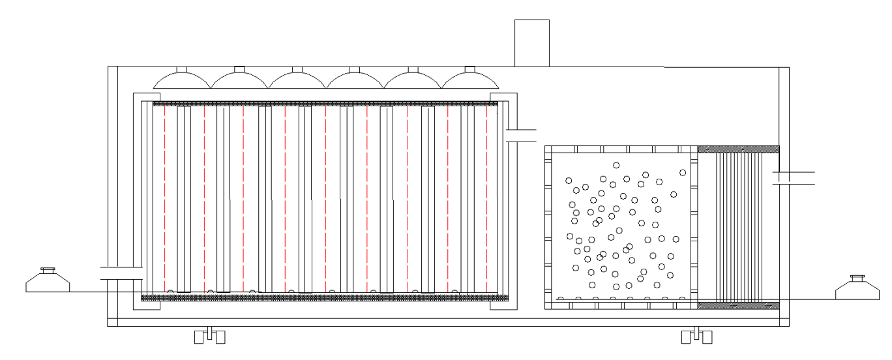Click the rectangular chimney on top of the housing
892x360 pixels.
click(531, 43)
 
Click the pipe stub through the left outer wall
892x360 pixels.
click(122, 273)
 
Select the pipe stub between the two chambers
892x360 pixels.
click(520, 135)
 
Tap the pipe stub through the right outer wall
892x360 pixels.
click(793, 177)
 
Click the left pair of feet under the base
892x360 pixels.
click(210, 336)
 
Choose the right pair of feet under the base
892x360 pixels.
click(696, 336)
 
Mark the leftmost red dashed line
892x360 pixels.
click(164, 199)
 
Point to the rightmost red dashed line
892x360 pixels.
click(487, 199)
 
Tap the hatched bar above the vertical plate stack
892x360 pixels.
click(738, 149)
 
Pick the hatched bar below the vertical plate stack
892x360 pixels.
click(738, 305)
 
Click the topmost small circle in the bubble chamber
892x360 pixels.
click(616, 165)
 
